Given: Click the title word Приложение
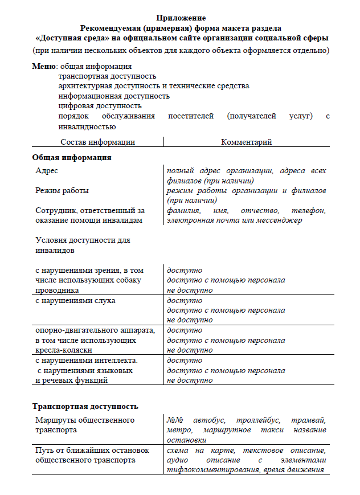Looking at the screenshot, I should [x=181, y=18].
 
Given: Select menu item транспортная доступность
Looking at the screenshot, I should [x=107, y=76].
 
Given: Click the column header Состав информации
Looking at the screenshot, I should [x=97, y=142].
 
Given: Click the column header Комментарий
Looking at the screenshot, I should [x=246, y=142].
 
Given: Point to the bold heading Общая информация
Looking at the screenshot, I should [x=71, y=157].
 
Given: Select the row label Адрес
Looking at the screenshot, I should [x=47, y=171].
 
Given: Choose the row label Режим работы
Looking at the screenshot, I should [x=62, y=191].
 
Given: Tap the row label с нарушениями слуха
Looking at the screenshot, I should [x=75, y=300].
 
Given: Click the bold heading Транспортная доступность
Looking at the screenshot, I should [x=85, y=407].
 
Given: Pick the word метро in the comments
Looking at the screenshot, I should [x=178, y=430].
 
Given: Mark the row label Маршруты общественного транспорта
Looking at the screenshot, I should [x=84, y=425].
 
